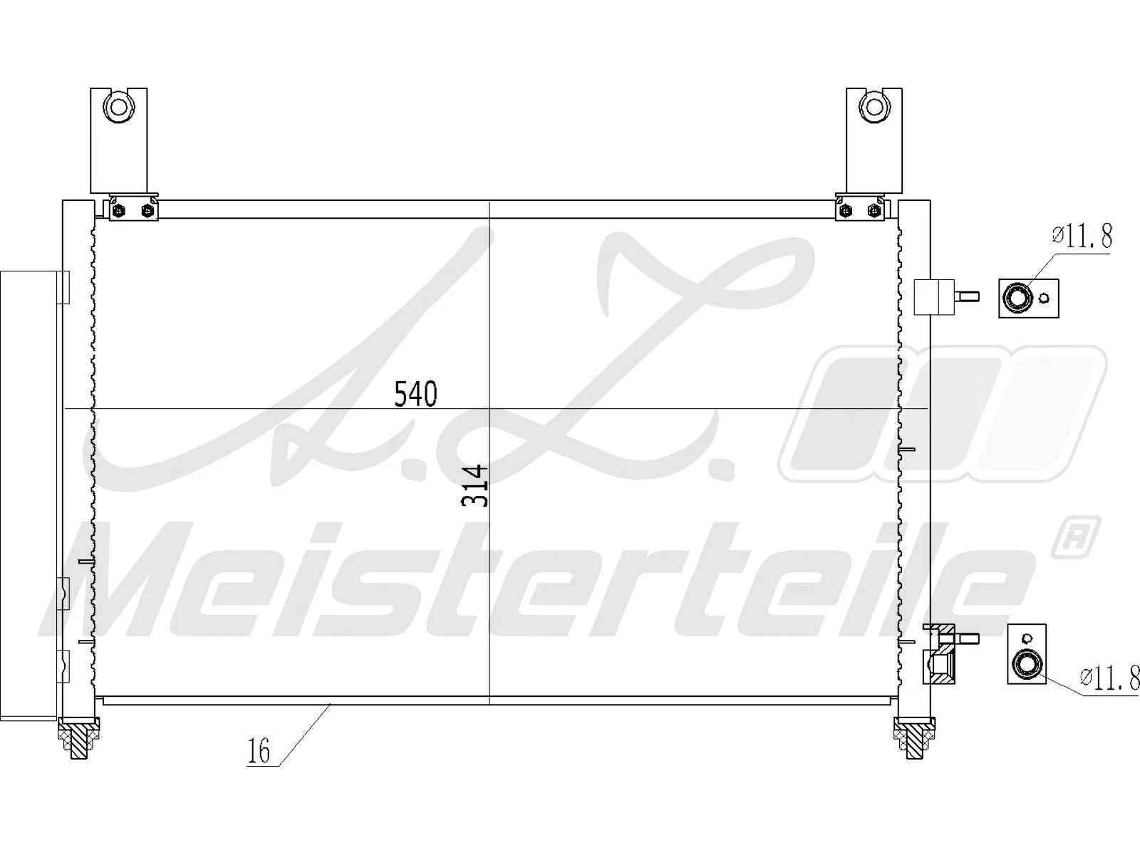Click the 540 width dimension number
point(415,394)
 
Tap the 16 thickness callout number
point(259,751)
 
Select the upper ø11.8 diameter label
point(1082,236)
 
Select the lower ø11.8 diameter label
point(1108,678)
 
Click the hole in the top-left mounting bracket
point(119,108)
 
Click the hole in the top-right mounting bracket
point(874,108)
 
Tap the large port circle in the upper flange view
point(1016,297)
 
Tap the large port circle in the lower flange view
point(1027,665)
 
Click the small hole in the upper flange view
point(1045,299)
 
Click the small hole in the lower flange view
point(1027,638)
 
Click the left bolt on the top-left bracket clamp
point(119,210)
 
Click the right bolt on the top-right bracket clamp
point(874,210)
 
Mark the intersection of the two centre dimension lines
point(489,409)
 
